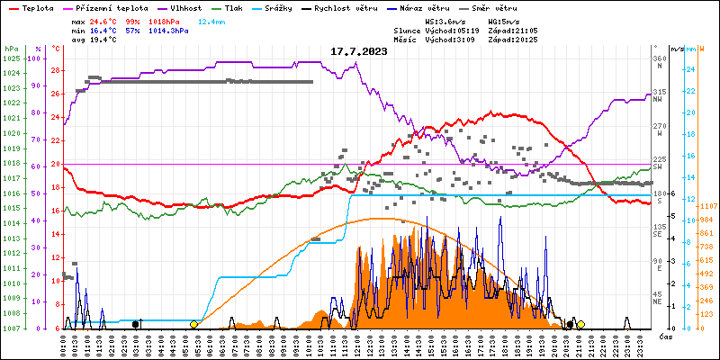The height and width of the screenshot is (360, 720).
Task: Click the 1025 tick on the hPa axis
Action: tap(11, 59)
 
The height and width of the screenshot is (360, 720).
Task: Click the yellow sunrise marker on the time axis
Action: tap(194, 324)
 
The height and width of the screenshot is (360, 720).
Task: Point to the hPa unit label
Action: tap(11, 49)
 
